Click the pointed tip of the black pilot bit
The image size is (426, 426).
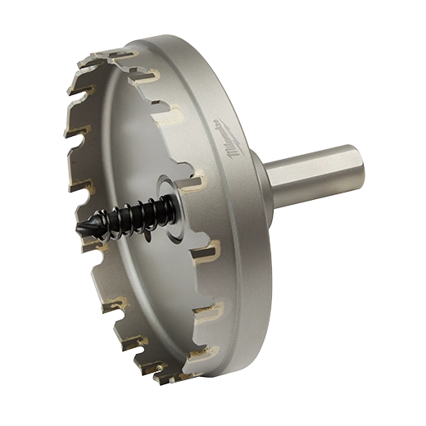[79, 230]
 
